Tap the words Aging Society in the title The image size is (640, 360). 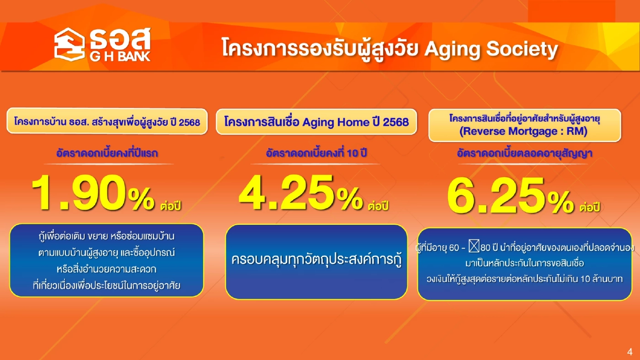click(x=491, y=49)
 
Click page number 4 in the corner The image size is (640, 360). click(x=630, y=352)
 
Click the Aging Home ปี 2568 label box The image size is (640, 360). click(x=316, y=122)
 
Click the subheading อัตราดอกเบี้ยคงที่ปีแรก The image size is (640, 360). click(x=107, y=154)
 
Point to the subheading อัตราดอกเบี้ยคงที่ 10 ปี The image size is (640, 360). click(x=316, y=154)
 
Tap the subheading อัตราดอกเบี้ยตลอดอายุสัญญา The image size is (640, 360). click(x=524, y=154)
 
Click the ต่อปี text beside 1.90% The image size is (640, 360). click(x=171, y=206)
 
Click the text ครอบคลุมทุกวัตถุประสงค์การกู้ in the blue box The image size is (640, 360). click(x=316, y=261)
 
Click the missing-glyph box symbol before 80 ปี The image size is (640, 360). click(x=473, y=248)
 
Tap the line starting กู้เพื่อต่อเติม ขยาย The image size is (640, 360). click(x=107, y=237)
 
